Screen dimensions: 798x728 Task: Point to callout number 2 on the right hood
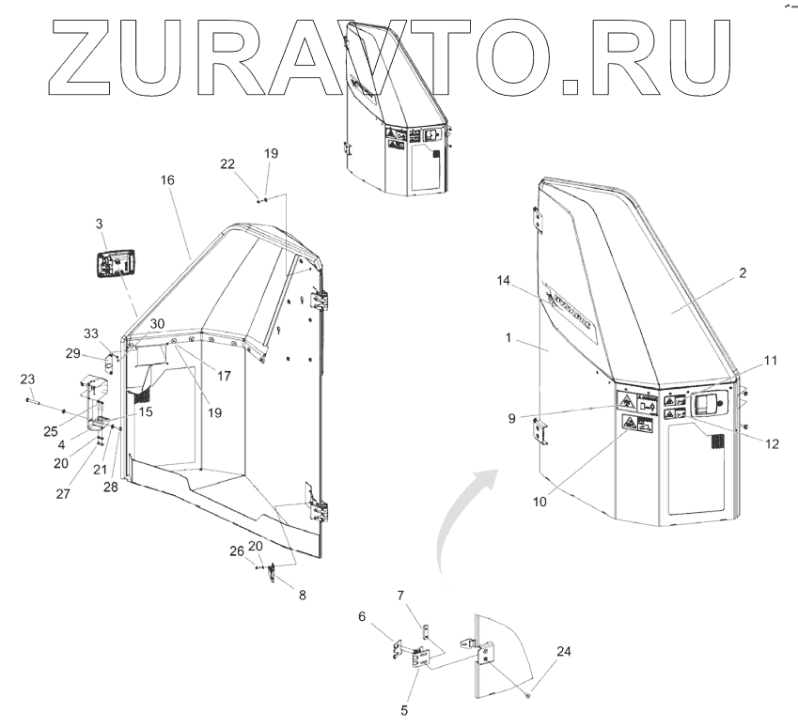coord(742,273)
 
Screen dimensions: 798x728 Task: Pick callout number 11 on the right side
coord(770,361)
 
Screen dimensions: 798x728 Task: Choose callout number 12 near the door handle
coord(772,444)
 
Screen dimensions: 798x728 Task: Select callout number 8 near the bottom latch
coord(302,595)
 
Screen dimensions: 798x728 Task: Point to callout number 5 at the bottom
coord(404,711)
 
